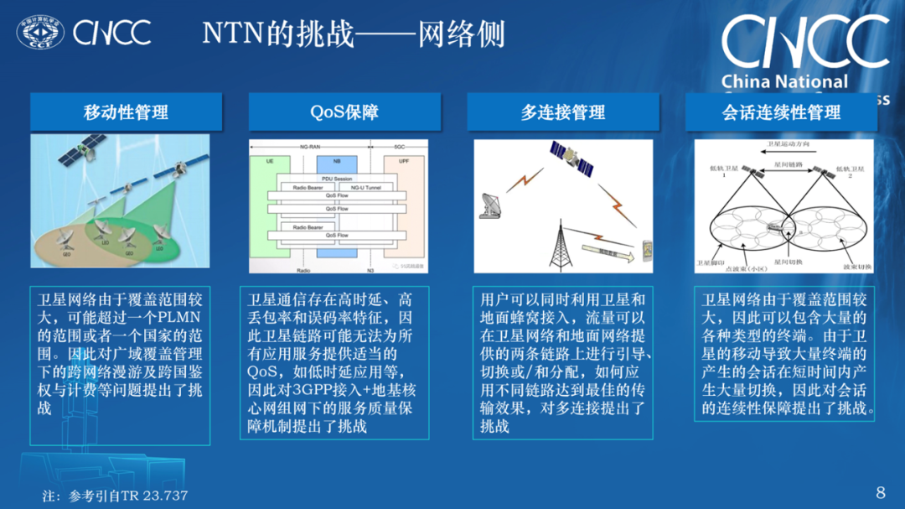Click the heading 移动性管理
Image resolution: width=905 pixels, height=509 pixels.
(126, 112)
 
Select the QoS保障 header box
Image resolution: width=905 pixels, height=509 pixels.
(344, 112)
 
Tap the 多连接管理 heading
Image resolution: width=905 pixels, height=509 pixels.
(562, 112)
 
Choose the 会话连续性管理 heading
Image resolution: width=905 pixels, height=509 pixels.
(781, 112)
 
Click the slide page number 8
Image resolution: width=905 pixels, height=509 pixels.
(880, 492)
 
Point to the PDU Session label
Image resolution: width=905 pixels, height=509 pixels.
(335, 178)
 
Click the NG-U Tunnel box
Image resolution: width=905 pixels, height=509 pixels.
(370, 187)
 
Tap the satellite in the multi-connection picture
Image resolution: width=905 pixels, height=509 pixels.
(570, 156)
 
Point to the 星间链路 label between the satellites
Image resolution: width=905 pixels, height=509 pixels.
(783, 164)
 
